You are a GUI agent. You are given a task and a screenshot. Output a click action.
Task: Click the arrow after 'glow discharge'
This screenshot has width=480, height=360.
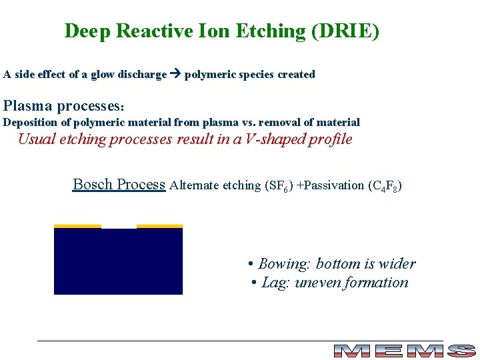pyautogui.click(x=175, y=75)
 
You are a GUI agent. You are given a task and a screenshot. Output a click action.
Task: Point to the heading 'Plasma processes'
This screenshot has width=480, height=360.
pyautogui.click(x=64, y=106)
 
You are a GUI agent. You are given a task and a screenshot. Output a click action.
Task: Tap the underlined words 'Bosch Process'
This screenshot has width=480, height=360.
pyautogui.click(x=119, y=184)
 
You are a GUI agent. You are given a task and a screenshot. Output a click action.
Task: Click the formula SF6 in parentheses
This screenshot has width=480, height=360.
pyautogui.click(x=279, y=186)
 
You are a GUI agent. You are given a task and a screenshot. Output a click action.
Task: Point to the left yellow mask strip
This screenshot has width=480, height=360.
pyautogui.click(x=77, y=226)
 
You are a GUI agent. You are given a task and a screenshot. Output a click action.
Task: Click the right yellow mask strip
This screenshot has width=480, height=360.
pyautogui.click(x=159, y=226)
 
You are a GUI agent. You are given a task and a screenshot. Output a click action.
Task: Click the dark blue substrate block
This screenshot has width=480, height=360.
pyautogui.click(x=118, y=263)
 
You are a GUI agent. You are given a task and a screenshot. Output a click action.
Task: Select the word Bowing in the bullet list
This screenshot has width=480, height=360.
pyautogui.click(x=281, y=264)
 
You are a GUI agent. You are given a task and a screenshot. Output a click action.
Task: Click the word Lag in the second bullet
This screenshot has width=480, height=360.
pyautogui.click(x=273, y=283)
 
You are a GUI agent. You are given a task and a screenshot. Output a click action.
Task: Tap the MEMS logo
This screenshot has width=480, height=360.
pyautogui.click(x=403, y=351)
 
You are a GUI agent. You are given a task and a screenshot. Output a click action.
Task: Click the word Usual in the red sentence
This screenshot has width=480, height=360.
pyautogui.click(x=37, y=139)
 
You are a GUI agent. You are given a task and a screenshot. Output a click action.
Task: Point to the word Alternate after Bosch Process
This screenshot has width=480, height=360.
pyautogui.click(x=195, y=185)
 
